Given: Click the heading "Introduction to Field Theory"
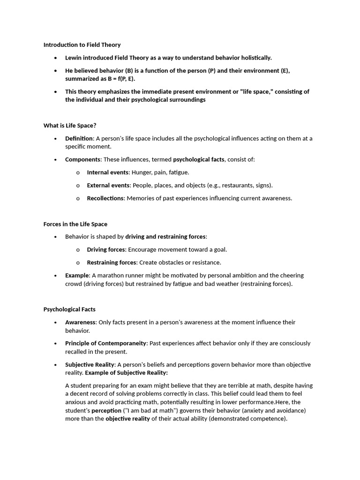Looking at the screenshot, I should [x=82, y=45].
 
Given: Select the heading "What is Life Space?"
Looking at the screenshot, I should [x=70, y=126].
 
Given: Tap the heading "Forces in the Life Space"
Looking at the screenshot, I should [x=75, y=224].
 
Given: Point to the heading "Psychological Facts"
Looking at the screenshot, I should [x=69, y=309].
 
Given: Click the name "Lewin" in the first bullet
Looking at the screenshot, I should [x=74, y=58].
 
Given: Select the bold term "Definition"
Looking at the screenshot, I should [x=79, y=138].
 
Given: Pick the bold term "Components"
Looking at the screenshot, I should [x=82, y=159].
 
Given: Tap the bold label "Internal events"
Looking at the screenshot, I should [x=108, y=172].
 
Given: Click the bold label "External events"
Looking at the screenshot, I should [x=108, y=185].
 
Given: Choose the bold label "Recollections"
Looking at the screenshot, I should [x=105, y=198].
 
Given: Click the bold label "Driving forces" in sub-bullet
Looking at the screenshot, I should [x=106, y=250].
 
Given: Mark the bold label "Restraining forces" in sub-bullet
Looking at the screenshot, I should [x=112, y=262].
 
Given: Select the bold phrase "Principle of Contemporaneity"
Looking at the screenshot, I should [x=105, y=343].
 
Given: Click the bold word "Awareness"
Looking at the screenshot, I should [x=80, y=322].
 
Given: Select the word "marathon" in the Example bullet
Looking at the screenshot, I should [x=114, y=276].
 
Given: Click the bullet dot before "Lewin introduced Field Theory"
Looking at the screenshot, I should [x=55, y=58].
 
